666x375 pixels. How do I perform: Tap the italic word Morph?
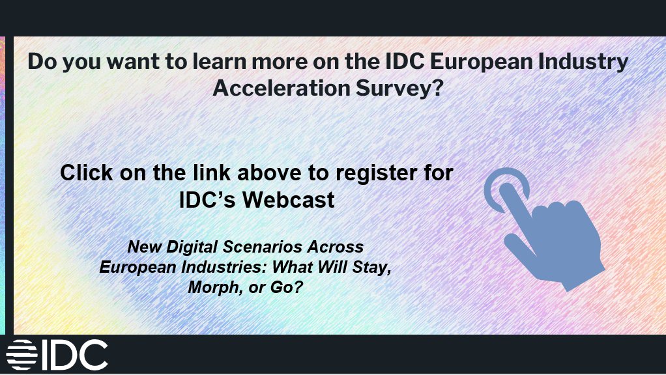210,286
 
